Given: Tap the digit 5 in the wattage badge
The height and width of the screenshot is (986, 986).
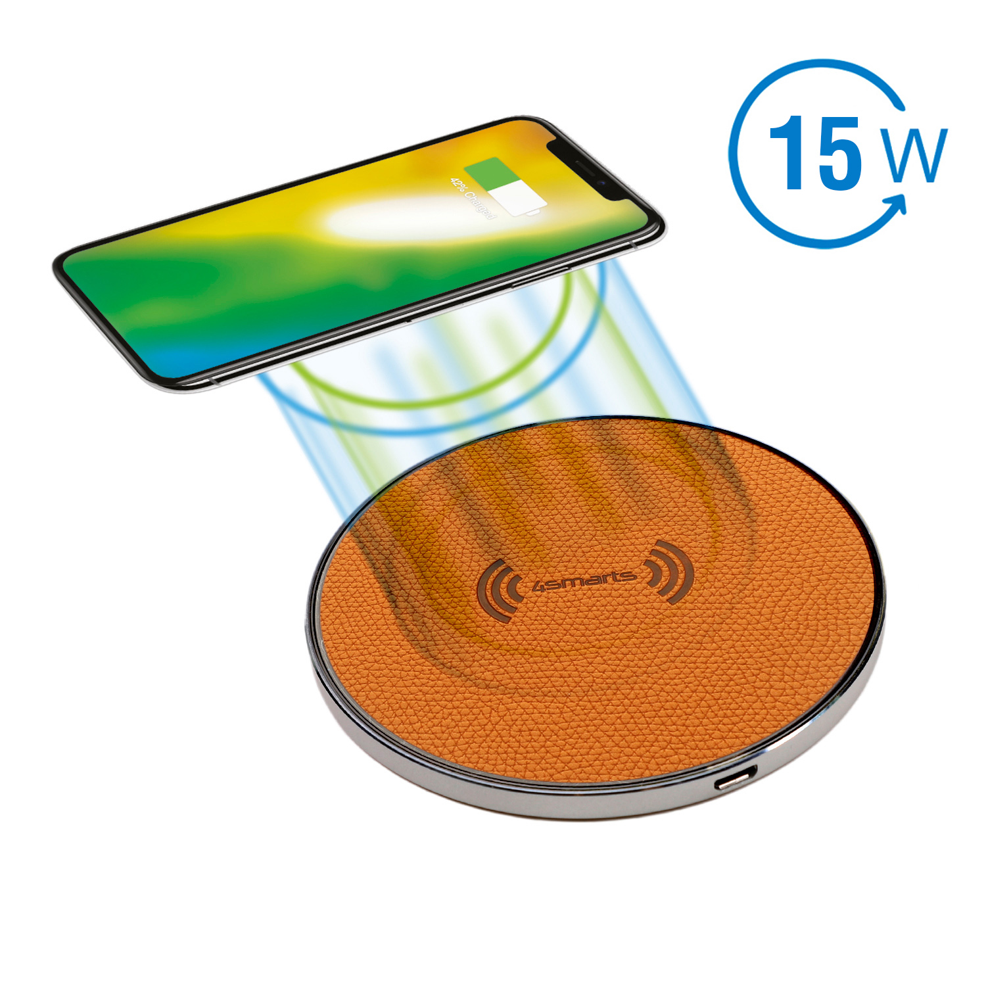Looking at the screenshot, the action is tap(838, 153).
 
